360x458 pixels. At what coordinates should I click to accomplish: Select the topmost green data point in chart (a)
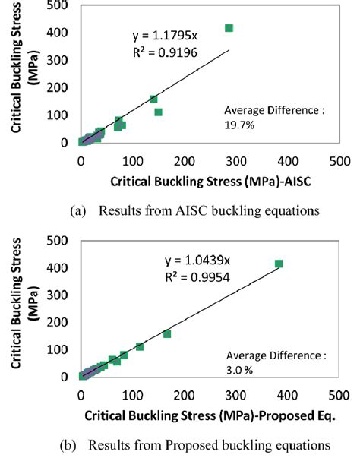[229, 28]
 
